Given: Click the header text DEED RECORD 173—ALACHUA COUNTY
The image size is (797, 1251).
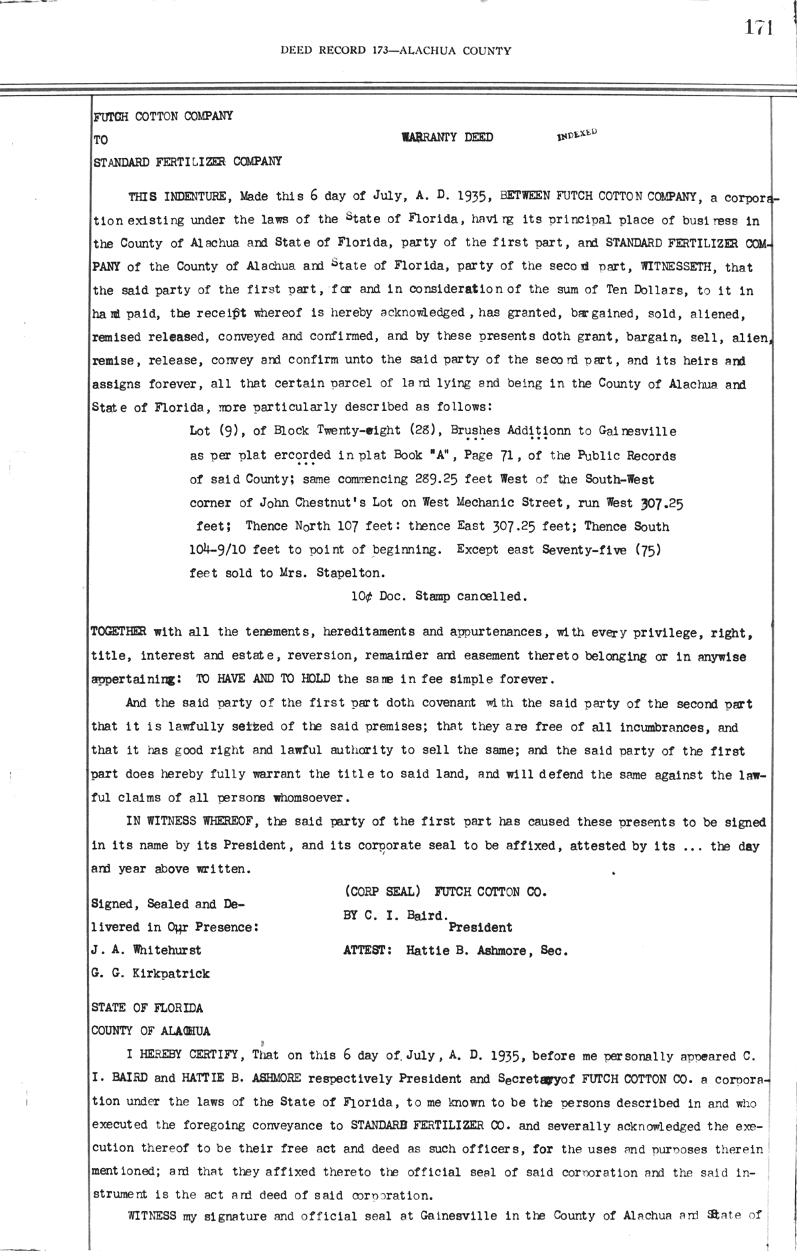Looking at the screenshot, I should click(x=396, y=50).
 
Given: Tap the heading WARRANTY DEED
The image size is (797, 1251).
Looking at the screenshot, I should click(x=448, y=137).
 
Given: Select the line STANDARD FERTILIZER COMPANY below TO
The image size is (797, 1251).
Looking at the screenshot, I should click(x=187, y=161).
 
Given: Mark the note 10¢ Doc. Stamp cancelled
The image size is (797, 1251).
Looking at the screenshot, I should click(x=439, y=596).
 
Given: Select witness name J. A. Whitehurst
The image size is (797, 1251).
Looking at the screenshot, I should click(x=146, y=950).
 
